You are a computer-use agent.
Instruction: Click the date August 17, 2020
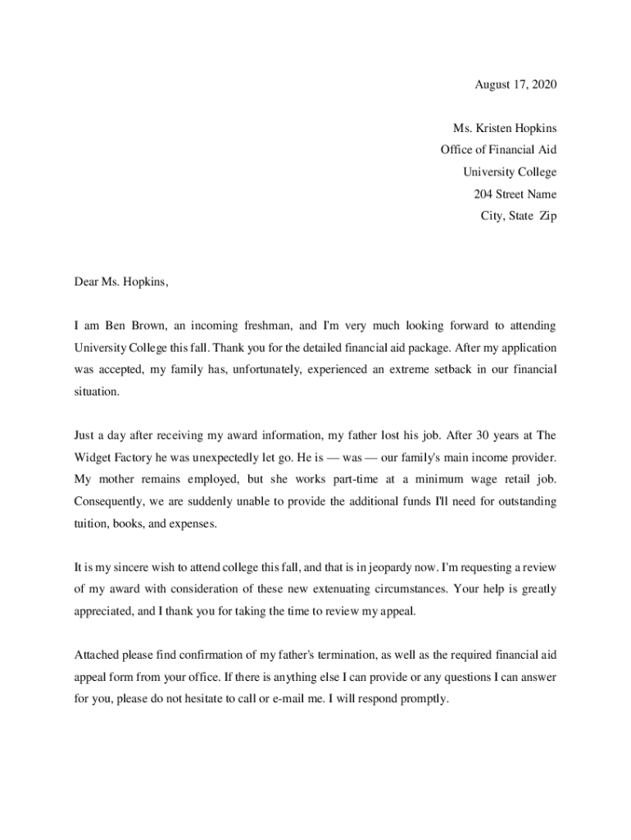515,84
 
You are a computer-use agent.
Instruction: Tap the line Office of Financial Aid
498,150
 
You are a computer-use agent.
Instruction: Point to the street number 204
483,194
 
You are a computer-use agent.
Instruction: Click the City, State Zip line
518,217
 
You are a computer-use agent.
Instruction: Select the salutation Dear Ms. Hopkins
121,282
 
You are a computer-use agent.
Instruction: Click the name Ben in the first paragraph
119,326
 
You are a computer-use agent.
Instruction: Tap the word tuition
92,523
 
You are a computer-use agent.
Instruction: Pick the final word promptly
424,699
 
